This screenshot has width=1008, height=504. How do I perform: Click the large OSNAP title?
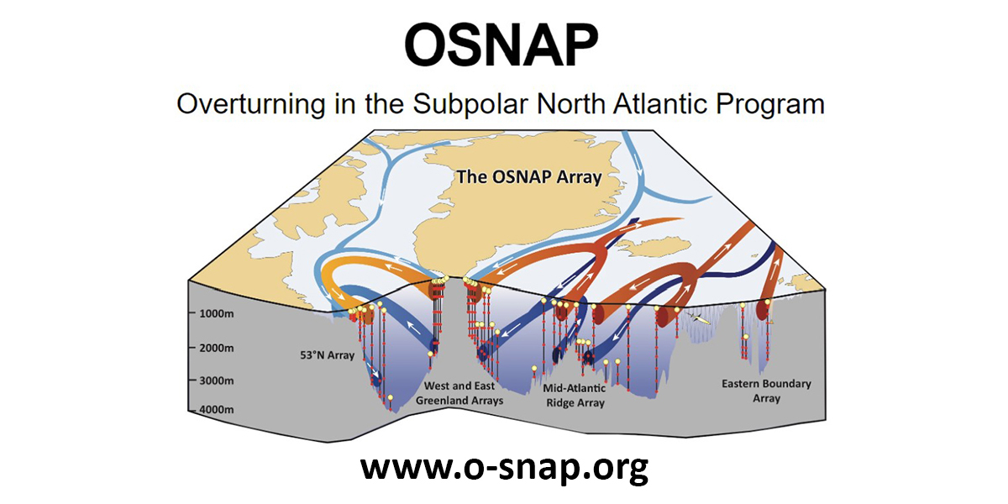pyautogui.click(x=501, y=45)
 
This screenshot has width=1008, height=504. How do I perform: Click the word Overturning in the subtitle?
pyautogui.click(x=251, y=104)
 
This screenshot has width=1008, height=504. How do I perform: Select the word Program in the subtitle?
pyautogui.click(x=770, y=105)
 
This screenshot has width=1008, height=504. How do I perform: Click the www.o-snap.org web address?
pyautogui.click(x=505, y=468)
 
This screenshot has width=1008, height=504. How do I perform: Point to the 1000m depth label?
pyautogui.click(x=217, y=313)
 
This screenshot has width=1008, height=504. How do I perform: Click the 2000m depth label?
pyautogui.click(x=217, y=348)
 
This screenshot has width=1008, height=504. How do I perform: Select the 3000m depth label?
pyautogui.click(x=217, y=381)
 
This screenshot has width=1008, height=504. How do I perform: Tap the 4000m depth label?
pyautogui.click(x=217, y=410)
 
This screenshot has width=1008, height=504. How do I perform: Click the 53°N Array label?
pyautogui.click(x=327, y=355)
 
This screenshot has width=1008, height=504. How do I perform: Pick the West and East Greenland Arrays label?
pyautogui.click(x=459, y=393)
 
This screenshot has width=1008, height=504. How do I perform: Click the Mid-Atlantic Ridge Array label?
pyautogui.click(x=575, y=395)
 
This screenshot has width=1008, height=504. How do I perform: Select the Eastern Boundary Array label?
pyautogui.click(x=766, y=391)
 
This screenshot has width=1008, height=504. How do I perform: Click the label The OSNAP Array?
pyautogui.click(x=529, y=177)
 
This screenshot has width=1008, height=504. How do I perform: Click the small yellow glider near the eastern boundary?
pyautogui.click(x=699, y=318)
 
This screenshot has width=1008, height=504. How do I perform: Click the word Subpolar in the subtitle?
pyautogui.click(x=470, y=105)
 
